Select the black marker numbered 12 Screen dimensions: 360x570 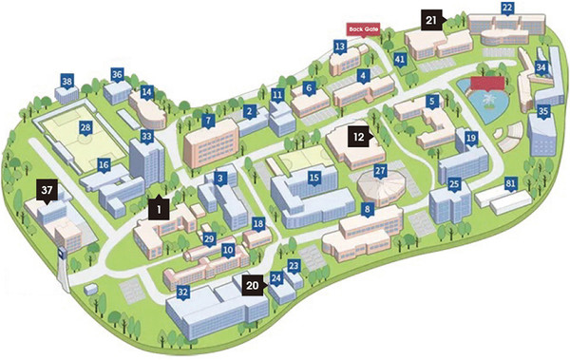[x=358, y=136]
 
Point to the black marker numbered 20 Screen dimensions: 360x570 [x=253, y=282]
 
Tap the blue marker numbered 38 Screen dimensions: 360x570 [x=66, y=83]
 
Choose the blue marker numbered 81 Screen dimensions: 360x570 [x=511, y=183]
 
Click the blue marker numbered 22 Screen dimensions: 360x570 [x=507, y=9]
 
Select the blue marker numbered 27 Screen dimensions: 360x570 [x=379, y=171]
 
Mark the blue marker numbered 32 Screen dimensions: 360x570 [x=182, y=292]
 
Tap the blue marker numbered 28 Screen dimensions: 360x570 [x=85, y=127]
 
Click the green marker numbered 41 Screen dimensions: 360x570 [x=400, y=59]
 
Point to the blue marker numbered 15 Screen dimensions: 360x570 [x=313, y=177]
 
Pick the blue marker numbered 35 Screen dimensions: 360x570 [x=543, y=111]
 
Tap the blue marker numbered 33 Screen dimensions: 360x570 [x=146, y=137]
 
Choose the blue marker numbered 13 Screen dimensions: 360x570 [x=340, y=46]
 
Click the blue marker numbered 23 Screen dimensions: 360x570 [x=294, y=267]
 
